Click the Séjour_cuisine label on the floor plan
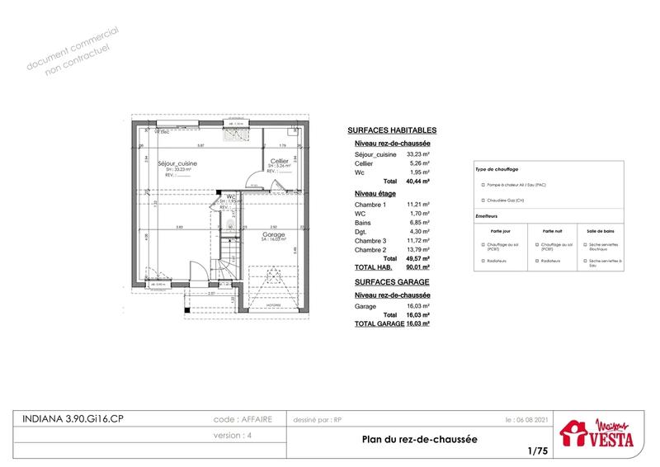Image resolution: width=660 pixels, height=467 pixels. click(x=177, y=163)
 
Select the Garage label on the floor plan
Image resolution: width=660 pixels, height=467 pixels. click(x=274, y=234)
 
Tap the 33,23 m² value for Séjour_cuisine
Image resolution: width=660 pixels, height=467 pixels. click(x=420, y=154)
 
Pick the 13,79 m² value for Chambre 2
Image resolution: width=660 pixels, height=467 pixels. click(x=420, y=249)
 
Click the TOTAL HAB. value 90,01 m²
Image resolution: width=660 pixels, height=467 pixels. click(x=420, y=267)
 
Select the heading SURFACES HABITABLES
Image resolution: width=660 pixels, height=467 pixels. click(x=392, y=130)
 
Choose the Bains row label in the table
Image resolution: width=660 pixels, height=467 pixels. click(x=363, y=222)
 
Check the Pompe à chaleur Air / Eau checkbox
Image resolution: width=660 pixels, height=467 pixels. click(x=483, y=185)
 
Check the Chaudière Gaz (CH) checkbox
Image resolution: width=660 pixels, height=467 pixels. click(x=483, y=200)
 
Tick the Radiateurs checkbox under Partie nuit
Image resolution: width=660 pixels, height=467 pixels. click(x=537, y=261)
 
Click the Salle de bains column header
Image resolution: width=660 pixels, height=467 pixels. click(x=602, y=232)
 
